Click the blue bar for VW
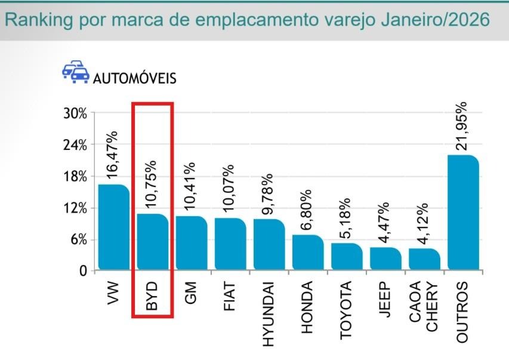coord(113,227)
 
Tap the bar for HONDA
coord(308,253)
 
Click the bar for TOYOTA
coord(347,257)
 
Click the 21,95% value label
coord(462,126)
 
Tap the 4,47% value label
coord(385,222)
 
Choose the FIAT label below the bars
coord(230,294)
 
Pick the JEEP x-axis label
coord(385,296)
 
